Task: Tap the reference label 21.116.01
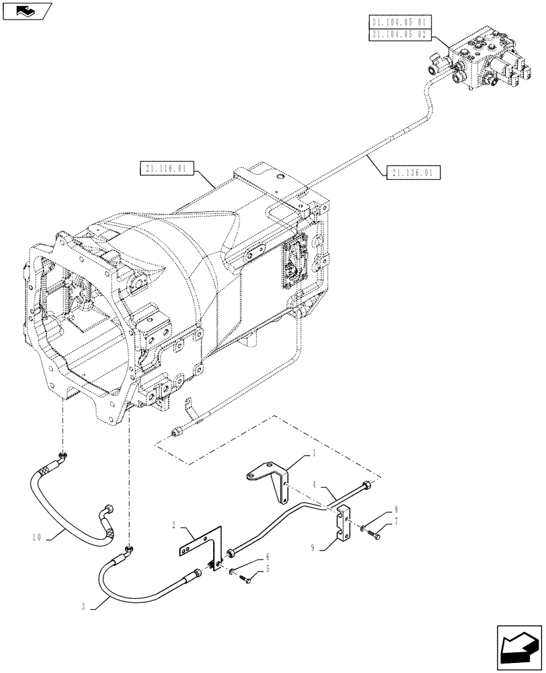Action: tap(164, 168)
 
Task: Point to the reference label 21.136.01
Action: tap(414, 173)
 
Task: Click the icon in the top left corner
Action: tap(28, 10)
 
